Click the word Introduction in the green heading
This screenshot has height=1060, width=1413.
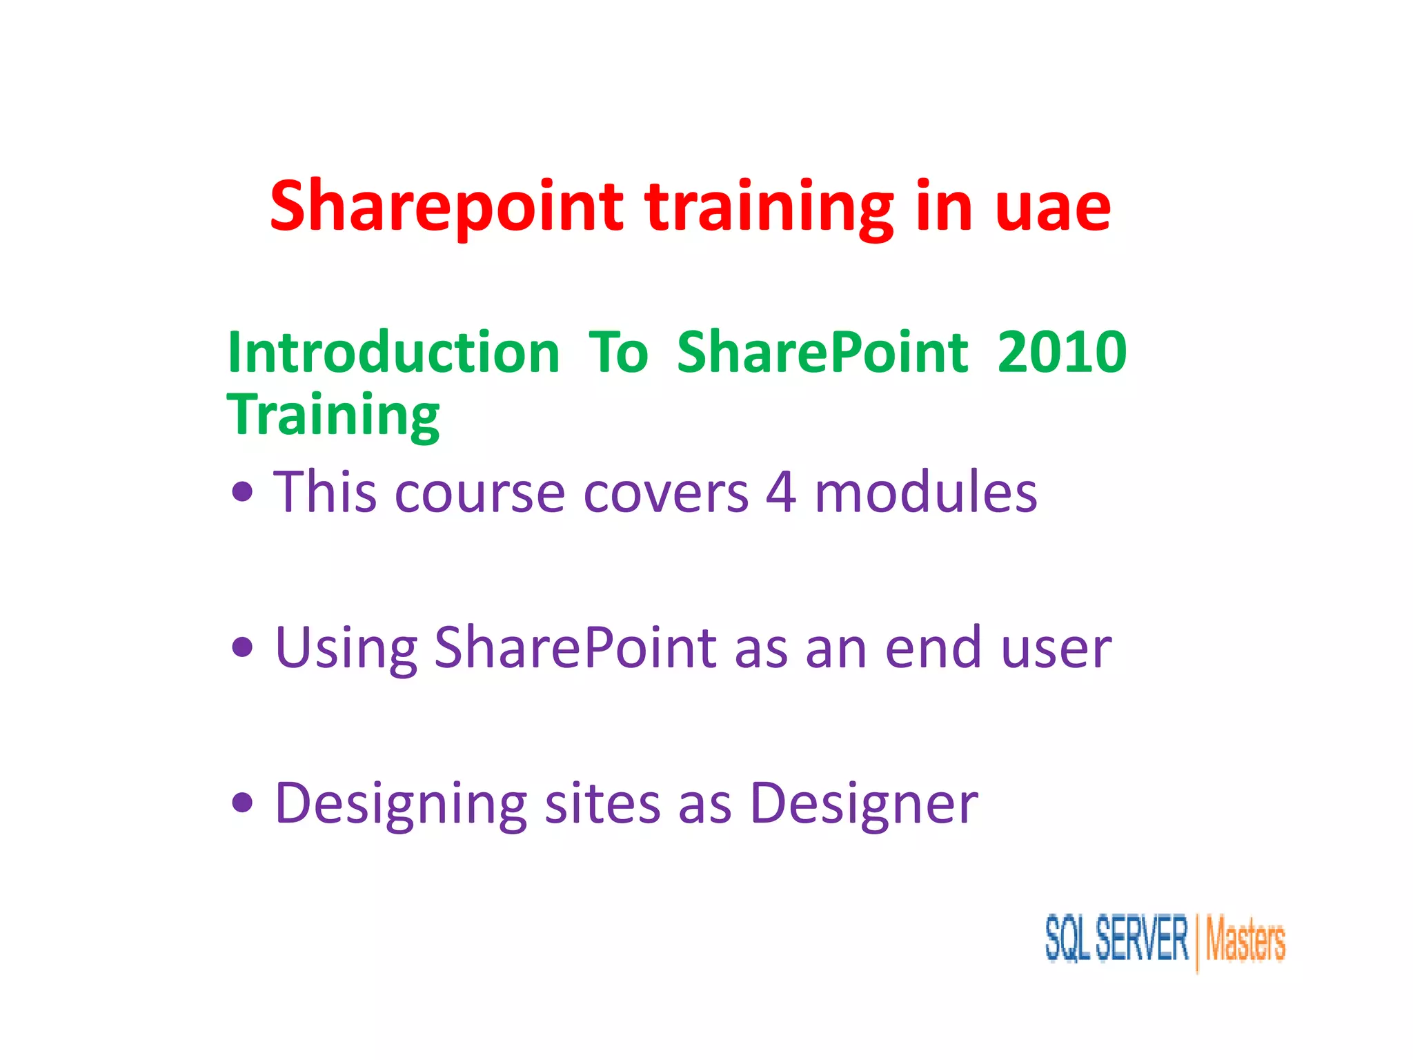[x=393, y=353]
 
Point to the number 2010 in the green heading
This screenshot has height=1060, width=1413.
[x=1062, y=353]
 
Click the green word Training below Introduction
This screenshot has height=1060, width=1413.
[x=333, y=415]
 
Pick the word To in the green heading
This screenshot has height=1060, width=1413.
[x=618, y=353]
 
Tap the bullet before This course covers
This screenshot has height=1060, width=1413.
[x=243, y=493]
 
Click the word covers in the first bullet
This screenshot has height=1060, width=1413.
[x=666, y=494]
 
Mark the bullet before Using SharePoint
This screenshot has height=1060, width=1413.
[x=243, y=648]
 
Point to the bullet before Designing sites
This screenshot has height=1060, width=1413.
[x=243, y=803]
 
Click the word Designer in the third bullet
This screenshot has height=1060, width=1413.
[x=864, y=804]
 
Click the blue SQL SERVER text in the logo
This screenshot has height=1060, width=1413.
[x=1116, y=939]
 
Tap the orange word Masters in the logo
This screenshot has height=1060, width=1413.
[x=1245, y=940]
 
